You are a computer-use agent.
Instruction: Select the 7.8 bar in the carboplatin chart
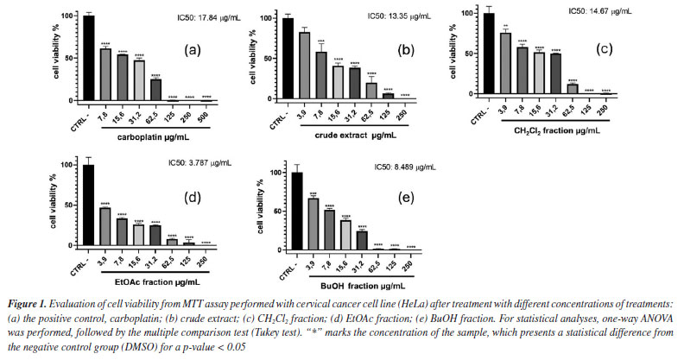pyautogui.click(x=105, y=75)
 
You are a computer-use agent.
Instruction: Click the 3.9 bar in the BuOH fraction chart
pyautogui.click(x=313, y=227)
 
